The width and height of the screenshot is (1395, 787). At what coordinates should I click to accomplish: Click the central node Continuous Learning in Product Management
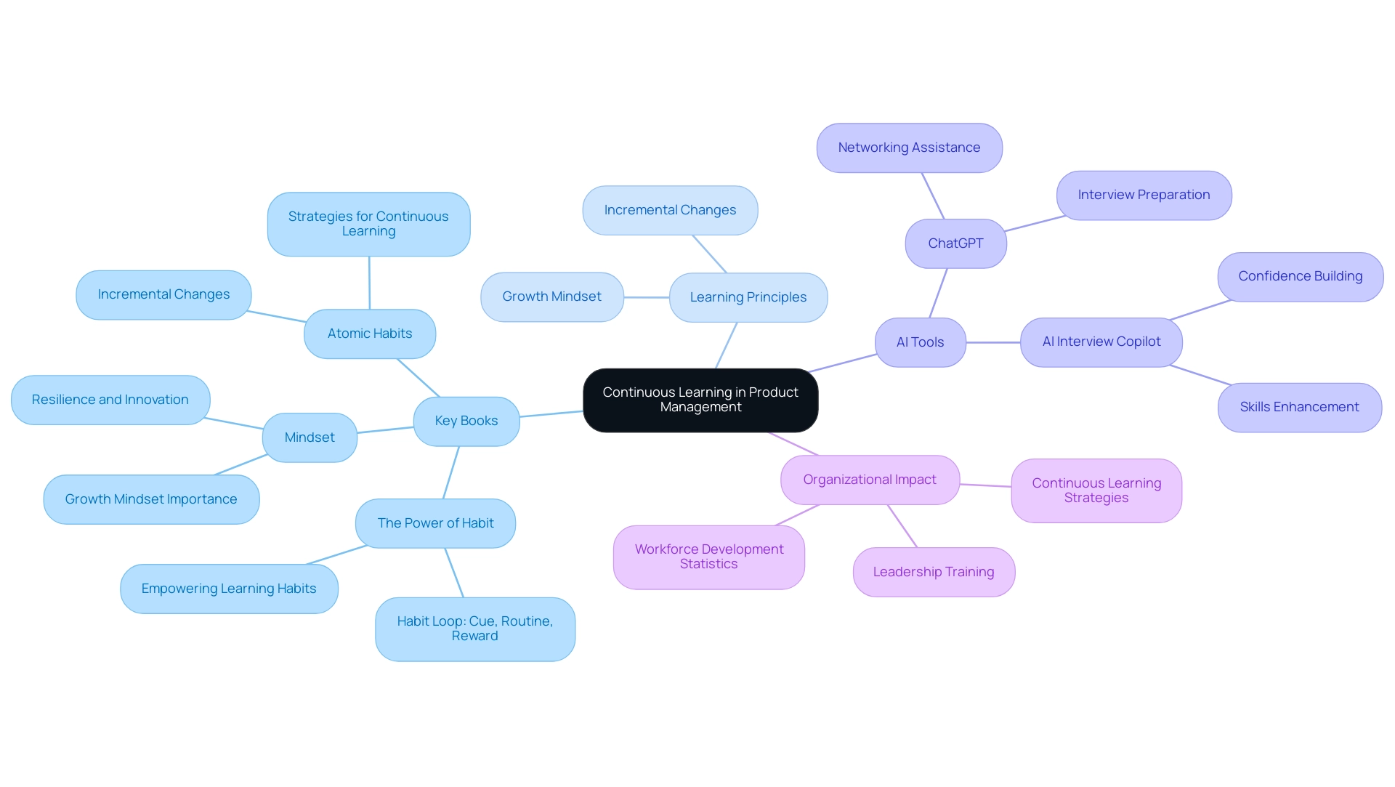[x=700, y=400]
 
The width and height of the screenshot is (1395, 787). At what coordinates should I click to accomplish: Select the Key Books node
[x=466, y=421]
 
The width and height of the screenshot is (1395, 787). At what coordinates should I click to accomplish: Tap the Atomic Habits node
[x=370, y=334]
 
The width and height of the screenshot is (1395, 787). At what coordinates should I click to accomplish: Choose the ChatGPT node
[x=955, y=243]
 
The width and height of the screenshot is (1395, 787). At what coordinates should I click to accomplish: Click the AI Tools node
[x=920, y=342]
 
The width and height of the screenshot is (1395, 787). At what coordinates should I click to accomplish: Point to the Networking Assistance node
[x=909, y=148]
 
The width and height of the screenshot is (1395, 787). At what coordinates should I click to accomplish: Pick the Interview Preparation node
[x=1144, y=195]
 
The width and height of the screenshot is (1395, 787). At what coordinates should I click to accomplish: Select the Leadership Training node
[x=934, y=572]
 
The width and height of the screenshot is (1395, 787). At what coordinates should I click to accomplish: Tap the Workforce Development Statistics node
[x=709, y=557]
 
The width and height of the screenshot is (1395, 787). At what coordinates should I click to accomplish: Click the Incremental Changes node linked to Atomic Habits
[x=163, y=294]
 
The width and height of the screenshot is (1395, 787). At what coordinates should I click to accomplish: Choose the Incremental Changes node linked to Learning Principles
[x=670, y=210]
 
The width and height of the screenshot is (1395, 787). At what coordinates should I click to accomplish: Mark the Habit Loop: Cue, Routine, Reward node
[x=475, y=629]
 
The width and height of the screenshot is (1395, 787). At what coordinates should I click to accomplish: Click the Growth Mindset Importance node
[x=151, y=499]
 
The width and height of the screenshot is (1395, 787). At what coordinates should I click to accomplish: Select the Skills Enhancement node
[x=1299, y=407]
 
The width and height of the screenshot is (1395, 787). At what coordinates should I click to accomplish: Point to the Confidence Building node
[x=1300, y=276]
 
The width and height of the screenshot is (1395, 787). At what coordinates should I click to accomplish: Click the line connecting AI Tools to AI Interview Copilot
[x=993, y=342]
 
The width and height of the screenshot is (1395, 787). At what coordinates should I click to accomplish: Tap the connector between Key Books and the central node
[x=551, y=414]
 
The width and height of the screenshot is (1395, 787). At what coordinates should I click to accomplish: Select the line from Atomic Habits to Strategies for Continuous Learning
[x=369, y=283]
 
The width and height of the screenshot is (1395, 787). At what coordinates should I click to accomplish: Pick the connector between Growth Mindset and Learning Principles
[x=647, y=297]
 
